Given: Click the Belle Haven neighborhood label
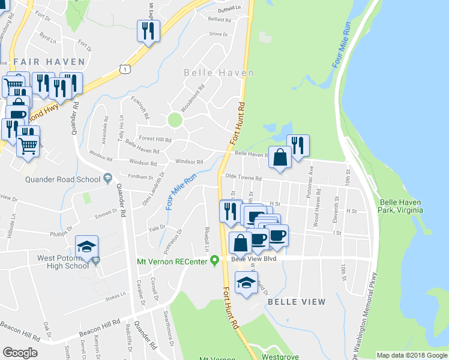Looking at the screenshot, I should coord(218,73).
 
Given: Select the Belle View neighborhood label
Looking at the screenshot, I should coord(296,302).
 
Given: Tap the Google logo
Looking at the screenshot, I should coord(20,353).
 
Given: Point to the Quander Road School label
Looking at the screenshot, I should coord(63,179).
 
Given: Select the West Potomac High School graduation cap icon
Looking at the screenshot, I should coord(87,246).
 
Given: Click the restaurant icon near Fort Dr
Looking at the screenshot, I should coord(147,30).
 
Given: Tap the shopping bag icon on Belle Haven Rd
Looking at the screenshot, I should coord(280,157).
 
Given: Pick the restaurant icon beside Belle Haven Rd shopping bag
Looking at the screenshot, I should coord(298,145).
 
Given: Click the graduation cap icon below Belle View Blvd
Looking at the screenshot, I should coord(246,283).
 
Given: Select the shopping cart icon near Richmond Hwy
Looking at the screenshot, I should coord(28,145).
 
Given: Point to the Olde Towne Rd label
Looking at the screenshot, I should coord(243,178).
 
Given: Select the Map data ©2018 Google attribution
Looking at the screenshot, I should coord(412,355).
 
